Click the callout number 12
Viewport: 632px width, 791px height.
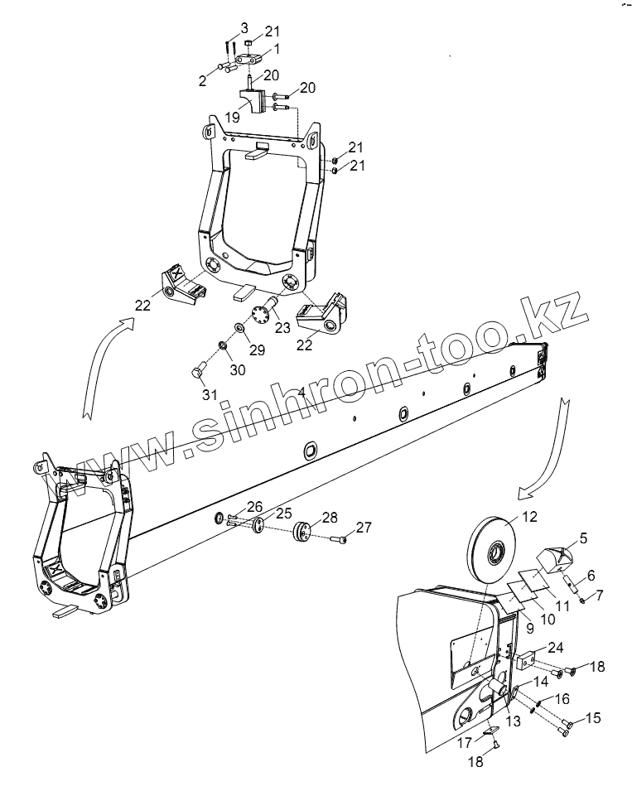(x=530, y=518)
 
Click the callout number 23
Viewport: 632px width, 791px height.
(x=282, y=328)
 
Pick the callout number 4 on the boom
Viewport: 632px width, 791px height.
(x=301, y=390)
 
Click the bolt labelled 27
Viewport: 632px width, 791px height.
(x=340, y=540)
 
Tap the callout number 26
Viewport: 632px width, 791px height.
(x=254, y=506)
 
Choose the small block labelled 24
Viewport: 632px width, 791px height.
(x=524, y=662)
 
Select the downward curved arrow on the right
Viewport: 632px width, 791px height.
(x=543, y=447)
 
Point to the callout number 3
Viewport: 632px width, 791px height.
(x=246, y=29)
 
